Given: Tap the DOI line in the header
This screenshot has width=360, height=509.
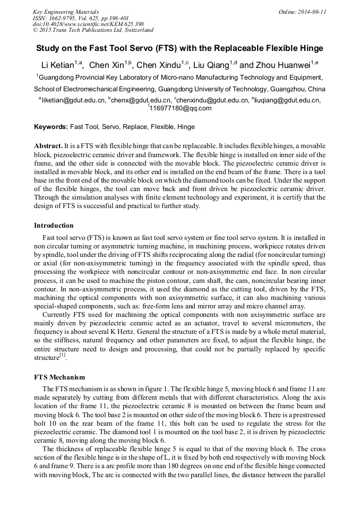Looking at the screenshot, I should click(x=88, y=24).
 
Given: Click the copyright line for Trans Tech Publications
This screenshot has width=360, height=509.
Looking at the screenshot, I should click(x=93, y=30).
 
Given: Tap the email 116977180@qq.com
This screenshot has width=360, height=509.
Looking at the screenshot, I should click(x=181, y=108).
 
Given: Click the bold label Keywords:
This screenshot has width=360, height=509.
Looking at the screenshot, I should click(x=51, y=127).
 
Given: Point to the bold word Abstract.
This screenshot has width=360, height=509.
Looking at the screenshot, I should click(x=48, y=145).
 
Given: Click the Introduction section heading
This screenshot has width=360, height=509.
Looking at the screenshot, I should click(x=54, y=226).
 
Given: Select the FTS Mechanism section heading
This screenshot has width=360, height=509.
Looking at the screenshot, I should click(x=59, y=377).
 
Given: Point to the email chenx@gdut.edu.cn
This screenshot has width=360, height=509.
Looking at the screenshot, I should click(x=141, y=100).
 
